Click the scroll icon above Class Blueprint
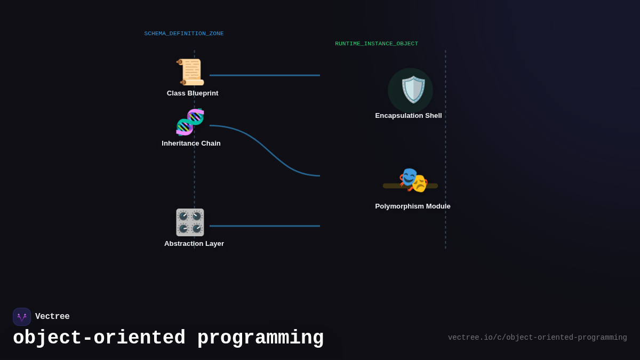click(x=191, y=72)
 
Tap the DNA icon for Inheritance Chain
click(x=190, y=122)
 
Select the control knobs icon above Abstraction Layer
click(x=190, y=222)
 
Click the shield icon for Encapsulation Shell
click(x=412, y=90)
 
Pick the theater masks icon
click(x=413, y=180)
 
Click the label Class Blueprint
click(x=193, y=93)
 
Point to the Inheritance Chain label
click(x=191, y=143)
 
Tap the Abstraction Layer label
click(x=194, y=244)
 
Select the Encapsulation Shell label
click(x=409, y=116)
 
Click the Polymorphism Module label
click(x=413, y=206)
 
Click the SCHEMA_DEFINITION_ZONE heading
click(x=184, y=34)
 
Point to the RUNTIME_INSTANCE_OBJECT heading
click(x=377, y=44)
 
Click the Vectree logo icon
click(x=22, y=317)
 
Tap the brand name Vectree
click(x=52, y=317)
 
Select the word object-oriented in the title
click(x=99, y=338)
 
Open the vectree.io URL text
click(x=537, y=338)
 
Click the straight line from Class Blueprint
click(x=265, y=75)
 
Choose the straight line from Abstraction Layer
click(x=265, y=226)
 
